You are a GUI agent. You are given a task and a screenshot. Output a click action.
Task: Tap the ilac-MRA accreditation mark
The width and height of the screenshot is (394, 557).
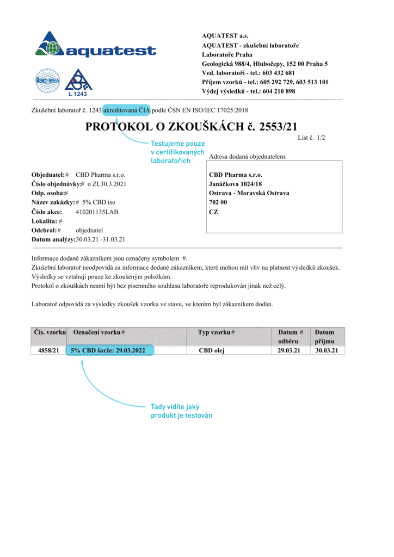click(47, 81)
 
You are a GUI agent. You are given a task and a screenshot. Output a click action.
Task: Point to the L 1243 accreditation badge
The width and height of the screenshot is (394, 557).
click(77, 83)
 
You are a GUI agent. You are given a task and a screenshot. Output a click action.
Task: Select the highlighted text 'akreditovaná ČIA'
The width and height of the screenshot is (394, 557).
click(127, 109)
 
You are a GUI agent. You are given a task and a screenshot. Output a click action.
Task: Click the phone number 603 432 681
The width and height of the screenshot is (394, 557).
click(278, 73)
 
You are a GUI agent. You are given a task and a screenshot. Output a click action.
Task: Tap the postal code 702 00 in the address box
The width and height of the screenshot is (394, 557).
click(218, 202)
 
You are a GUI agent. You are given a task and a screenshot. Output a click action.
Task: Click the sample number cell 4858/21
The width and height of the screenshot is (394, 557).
click(48, 351)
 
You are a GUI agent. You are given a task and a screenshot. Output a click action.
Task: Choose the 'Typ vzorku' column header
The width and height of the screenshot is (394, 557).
click(216, 332)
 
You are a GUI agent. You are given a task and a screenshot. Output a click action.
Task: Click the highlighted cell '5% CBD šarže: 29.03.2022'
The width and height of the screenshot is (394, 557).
click(110, 351)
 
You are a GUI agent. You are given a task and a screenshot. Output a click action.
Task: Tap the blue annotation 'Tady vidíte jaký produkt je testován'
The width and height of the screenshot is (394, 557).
click(181, 411)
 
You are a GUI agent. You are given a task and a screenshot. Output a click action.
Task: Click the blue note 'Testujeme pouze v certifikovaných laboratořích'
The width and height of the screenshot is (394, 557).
click(177, 152)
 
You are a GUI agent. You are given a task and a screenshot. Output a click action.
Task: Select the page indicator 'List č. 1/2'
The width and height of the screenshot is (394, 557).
click(311, 138)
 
